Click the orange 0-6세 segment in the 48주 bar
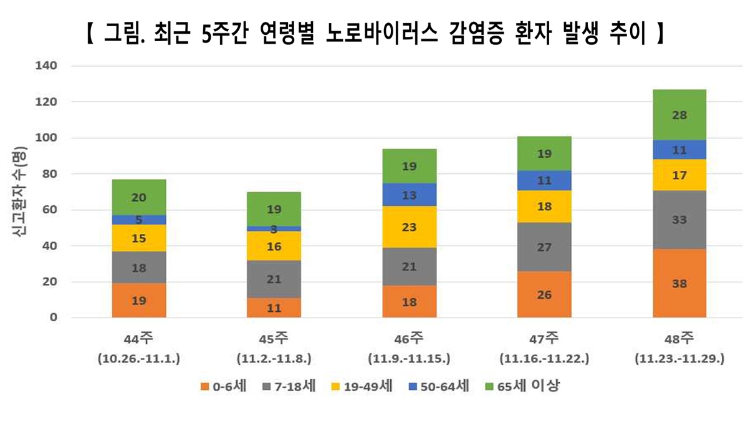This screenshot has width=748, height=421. click(679, 283)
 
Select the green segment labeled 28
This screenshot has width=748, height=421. click(679, 115)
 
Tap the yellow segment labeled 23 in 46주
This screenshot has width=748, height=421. click(410, 227)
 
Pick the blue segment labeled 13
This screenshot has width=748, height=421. click(410, 195)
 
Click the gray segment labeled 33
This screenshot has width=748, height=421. click(679, 220)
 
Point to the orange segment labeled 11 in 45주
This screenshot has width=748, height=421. click(274, 307)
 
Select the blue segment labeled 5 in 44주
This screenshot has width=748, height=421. click(139, 220)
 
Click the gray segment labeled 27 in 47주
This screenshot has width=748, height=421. click(544, 247)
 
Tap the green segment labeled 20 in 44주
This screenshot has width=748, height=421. click(139, 197)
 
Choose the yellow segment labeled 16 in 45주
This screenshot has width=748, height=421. click(274, 246)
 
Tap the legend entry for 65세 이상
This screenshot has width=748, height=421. click(524, 387)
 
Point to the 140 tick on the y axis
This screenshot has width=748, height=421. click(48, 65)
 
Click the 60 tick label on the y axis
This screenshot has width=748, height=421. click(50, 210)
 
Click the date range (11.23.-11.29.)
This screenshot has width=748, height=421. click(679, 359)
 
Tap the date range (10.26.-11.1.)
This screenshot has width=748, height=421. click(139, 359)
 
